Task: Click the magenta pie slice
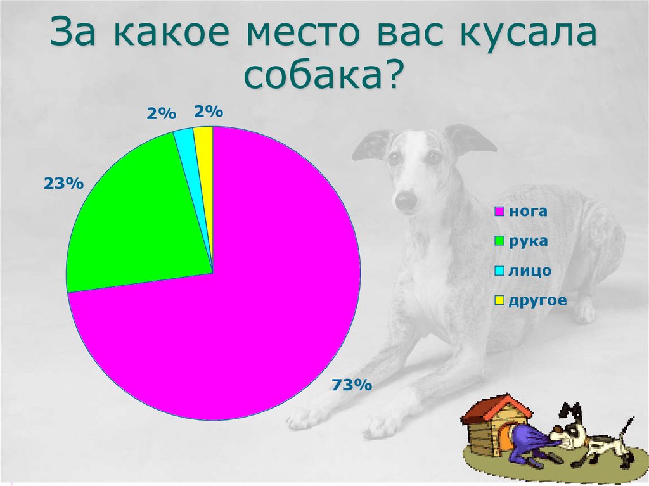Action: coord(254,304)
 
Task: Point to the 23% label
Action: coord(63,184)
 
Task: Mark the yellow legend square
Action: coord(499,300)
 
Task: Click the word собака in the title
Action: coord(315,76)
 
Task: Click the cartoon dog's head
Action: coord(573,431)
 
